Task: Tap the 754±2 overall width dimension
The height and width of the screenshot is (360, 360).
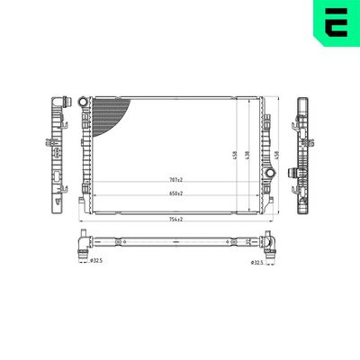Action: (x=174, y=219)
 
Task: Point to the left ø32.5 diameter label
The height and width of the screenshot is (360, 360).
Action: (x=96, y=262)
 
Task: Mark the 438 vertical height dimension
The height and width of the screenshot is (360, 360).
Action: (x=246, y=155)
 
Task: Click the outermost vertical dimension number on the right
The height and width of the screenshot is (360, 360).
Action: (x=277, y=155)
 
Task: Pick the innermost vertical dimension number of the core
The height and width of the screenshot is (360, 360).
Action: (x=234, y=155)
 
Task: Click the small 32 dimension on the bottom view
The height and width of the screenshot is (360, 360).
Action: (x=248, y=241)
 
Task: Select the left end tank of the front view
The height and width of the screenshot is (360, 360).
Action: (x=86, y=153)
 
